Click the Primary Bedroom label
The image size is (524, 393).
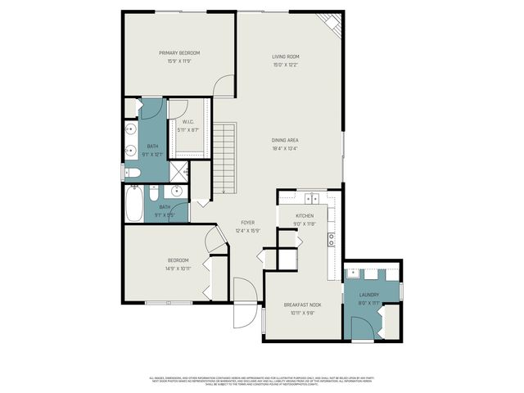179,52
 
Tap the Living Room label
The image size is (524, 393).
287,56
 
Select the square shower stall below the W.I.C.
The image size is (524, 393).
178,171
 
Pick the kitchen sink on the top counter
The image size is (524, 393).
312,199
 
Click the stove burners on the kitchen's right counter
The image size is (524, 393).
331,239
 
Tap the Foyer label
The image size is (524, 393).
247,223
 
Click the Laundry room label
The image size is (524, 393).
368,295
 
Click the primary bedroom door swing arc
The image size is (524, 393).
223,88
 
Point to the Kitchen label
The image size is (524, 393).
305,216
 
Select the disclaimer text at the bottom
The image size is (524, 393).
262,380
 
